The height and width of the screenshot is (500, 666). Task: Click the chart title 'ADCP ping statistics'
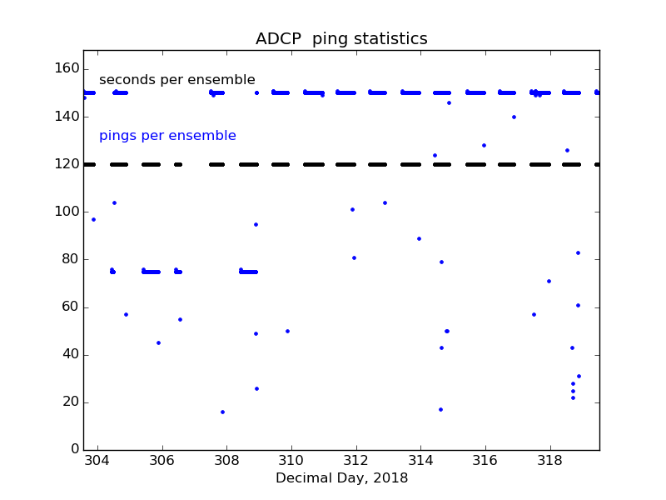[341, 39]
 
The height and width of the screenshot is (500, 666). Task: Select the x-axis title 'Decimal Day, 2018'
[341, 478]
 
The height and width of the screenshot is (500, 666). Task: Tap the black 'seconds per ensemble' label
[177, 80]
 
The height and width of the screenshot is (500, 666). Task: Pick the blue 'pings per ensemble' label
[167, 136]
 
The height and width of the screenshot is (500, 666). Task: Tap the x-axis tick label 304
[97, 462]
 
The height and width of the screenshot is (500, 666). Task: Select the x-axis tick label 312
[355, 462]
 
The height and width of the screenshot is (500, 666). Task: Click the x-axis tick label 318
[549, 462]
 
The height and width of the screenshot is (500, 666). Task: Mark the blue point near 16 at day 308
[222, 412]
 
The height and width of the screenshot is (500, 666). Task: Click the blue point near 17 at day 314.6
[440, 409]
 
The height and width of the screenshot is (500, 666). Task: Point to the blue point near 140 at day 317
[514, 117]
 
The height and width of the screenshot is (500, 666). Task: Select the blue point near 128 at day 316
[484, 145]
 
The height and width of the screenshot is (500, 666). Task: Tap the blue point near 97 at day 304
[93, 219]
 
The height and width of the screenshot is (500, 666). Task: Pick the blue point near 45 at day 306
[158, 342]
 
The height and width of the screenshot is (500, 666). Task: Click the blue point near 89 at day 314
[419, 238]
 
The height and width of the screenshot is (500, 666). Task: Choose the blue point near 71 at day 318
[549, 281]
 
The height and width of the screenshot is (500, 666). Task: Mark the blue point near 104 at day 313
[385, 202]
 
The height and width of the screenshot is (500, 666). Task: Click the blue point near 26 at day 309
[256, 388]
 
